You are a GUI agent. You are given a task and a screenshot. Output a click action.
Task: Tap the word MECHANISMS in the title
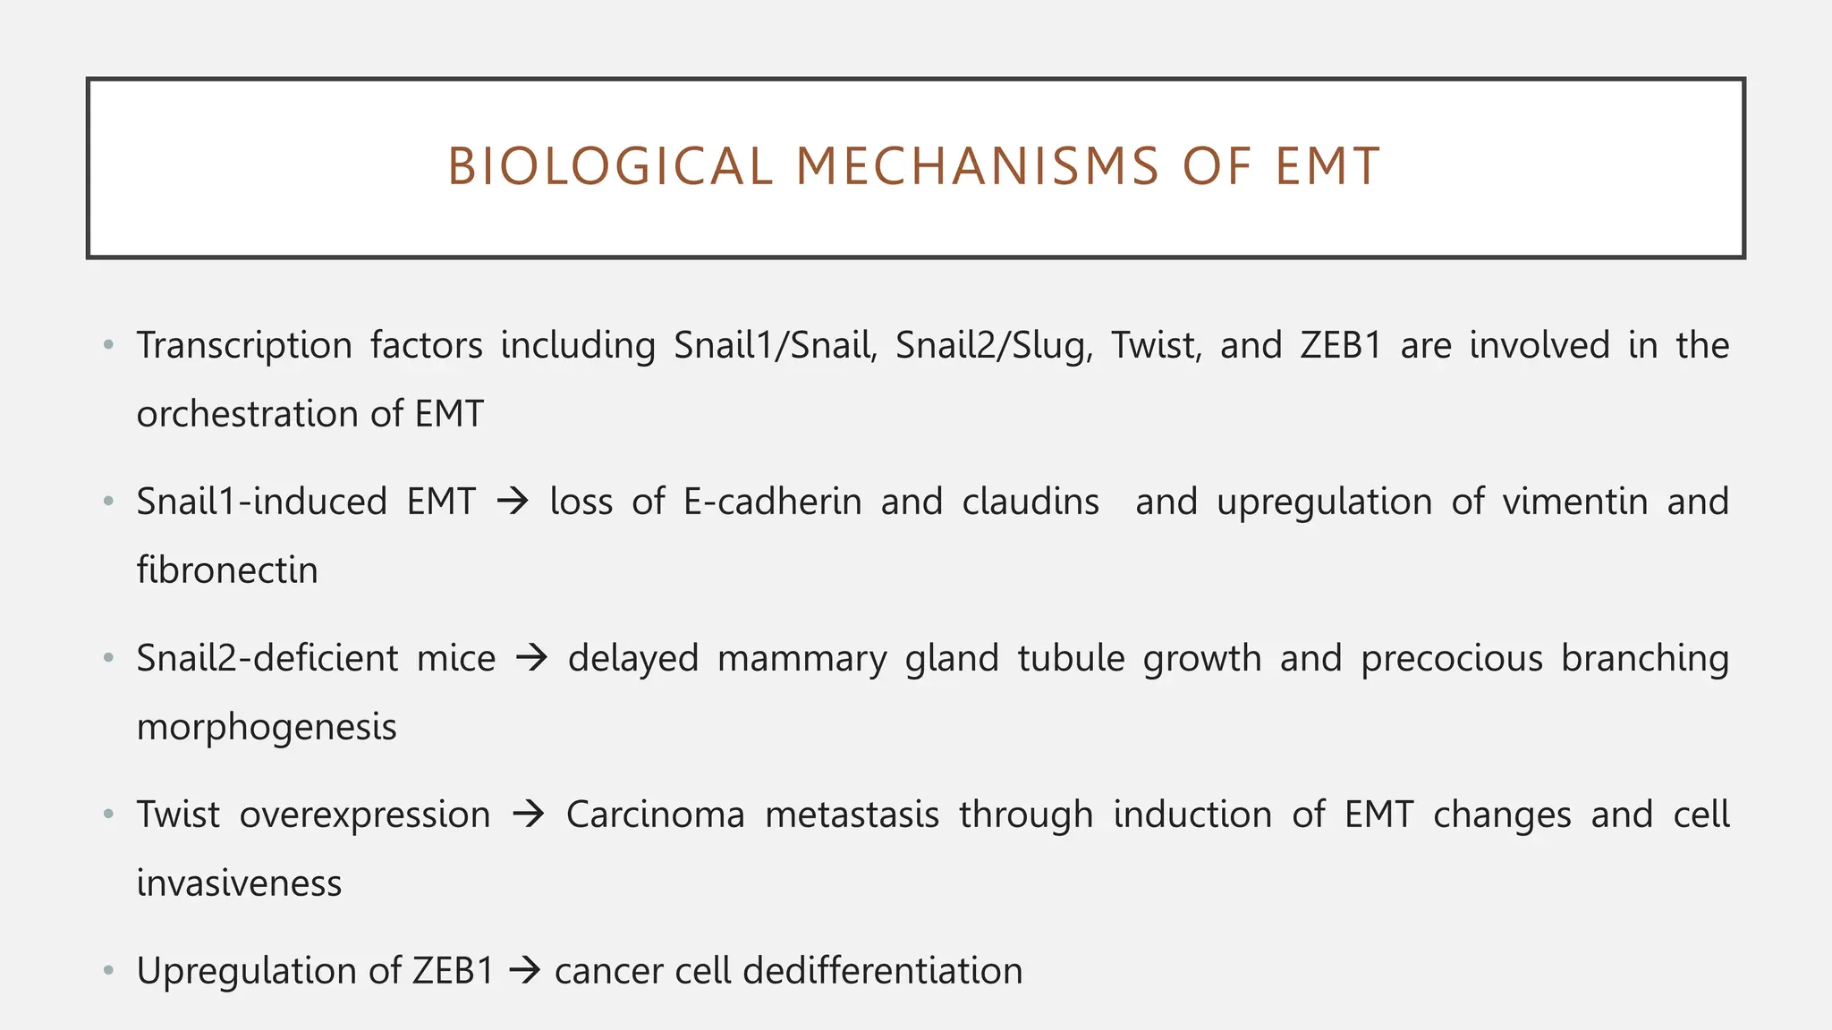click(977, 167)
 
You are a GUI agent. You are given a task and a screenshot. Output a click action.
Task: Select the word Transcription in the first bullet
click(244, 346)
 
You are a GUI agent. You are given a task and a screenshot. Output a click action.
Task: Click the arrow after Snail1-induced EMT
click(513, 502)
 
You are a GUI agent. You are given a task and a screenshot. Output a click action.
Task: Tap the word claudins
click(1030, 502)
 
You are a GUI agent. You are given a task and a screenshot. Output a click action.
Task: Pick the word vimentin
click(1574, 502)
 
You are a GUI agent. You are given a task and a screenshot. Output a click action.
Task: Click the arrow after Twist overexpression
click(529, 815)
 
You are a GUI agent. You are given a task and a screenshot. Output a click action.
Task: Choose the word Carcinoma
click(655, 815)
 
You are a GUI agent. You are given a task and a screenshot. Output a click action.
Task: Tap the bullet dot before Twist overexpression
click(109, 815)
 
